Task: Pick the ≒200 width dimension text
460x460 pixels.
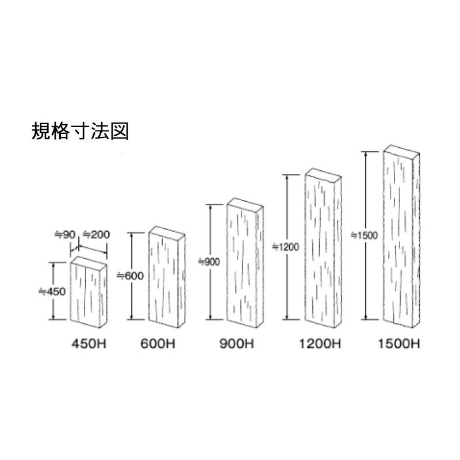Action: click(x=96, y=235)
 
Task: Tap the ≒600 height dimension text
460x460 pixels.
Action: click(x=130, y=275)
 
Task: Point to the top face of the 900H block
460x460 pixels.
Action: click(x=245, y=204)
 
